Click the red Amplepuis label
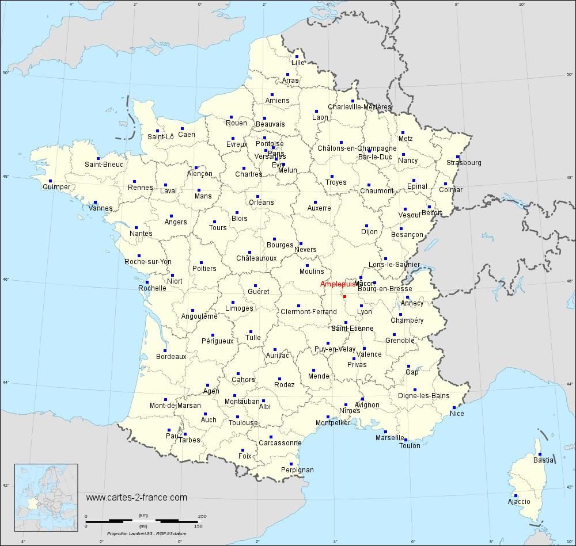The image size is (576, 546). click(338, 284)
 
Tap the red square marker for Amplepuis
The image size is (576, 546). click(344, 296)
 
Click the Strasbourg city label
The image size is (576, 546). click(464, 163)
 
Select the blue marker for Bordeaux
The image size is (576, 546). click(165, 350)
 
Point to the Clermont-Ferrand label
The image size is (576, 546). click(308, 312)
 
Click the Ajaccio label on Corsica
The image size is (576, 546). click(518, 502)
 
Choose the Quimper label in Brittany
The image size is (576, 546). click(56, 187)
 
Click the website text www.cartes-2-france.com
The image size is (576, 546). click(137, 497)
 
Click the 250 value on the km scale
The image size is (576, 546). click(202, 516)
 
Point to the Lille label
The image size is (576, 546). click(298, 63)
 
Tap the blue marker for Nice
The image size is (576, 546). click(454, 407)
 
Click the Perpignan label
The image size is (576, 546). click(297, 470)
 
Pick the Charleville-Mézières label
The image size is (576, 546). click(359, 107)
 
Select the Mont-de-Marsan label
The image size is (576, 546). click(175, 406)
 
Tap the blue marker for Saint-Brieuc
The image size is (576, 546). click(98, 158)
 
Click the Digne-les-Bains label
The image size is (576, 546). click(423, 396)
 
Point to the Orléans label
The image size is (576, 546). click(261, 203)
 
